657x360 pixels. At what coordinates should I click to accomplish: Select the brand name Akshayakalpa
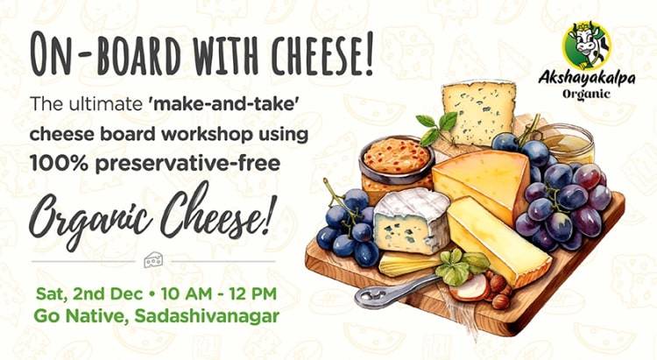(587, 78)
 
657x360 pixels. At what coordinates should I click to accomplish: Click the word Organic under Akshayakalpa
(586, 94)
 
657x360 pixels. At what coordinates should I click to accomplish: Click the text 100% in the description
(59, 164)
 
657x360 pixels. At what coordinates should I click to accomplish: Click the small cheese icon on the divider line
(153, 260)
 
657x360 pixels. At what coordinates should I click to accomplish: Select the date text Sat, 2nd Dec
(89, 294)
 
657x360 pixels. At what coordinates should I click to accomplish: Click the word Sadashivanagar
(207, 316)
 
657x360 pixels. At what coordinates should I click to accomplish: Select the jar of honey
(566, 143)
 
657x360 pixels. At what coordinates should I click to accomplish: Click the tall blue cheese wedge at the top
(479, 112)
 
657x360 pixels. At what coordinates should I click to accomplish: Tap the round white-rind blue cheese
(411, 222)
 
